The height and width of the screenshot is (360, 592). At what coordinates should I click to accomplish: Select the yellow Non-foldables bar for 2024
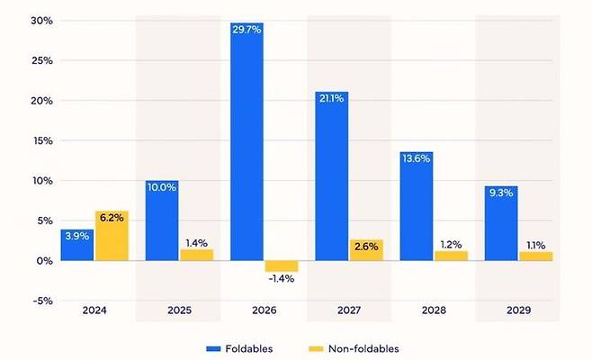click(112, 238)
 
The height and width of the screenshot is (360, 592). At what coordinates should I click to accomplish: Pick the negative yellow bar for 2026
click(281, 265)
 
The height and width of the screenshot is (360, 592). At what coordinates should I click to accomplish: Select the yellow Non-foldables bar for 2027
click(366, 251)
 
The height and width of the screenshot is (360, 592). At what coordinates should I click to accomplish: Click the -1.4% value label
click(281, 279)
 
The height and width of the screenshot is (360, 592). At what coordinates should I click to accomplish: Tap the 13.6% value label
click(417, 158)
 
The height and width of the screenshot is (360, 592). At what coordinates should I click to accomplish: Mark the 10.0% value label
click(162, 187)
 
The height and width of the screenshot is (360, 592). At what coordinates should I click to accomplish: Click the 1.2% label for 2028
click(451, 244)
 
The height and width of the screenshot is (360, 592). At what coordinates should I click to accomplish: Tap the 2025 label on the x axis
click(179, 310)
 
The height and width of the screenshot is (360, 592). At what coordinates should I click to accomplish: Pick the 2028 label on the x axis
click(434, 310)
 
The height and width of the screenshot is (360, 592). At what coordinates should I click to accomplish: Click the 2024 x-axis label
click(94, 310)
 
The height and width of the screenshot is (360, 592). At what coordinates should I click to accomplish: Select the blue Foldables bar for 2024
click(77, 246)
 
